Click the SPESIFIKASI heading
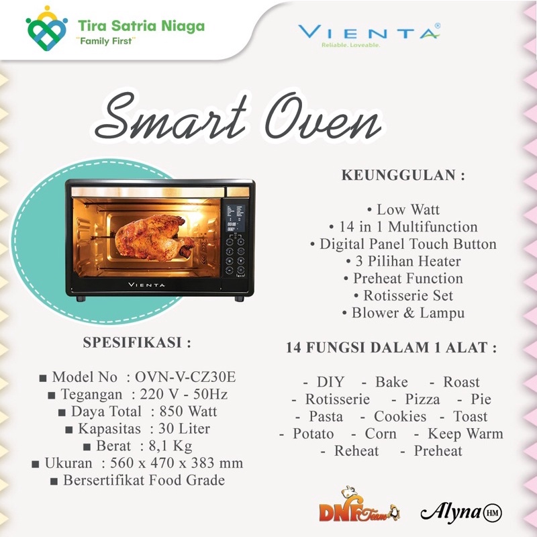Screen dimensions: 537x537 pos(137,342)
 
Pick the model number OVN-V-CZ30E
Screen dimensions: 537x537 pos(190,377)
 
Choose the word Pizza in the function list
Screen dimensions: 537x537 pos(423,399)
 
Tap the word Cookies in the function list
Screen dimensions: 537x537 pos(400,416)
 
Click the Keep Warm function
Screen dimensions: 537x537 pos(465,434)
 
